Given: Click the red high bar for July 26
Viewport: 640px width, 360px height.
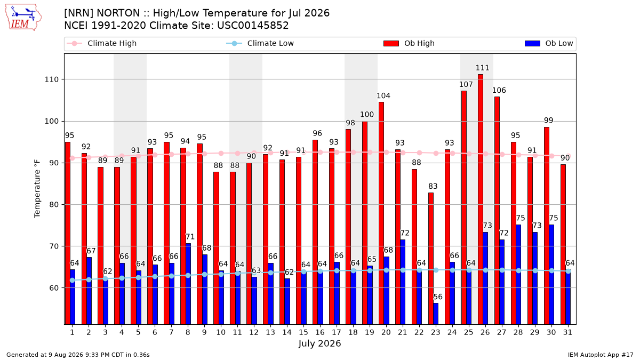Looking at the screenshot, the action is coord(481,199).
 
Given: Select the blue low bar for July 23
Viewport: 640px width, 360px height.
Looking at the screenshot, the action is coord(436,314).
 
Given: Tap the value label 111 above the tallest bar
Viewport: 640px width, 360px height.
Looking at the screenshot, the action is coord(482,68).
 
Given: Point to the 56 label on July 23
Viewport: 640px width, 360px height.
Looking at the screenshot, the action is coord(438,297).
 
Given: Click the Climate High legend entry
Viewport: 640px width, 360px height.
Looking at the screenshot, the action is coord(101,43).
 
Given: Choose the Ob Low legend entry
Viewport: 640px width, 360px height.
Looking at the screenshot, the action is coord(549,43).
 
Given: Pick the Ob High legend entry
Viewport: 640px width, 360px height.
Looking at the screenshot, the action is coord(409,43).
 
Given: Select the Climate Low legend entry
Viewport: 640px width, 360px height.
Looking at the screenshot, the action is coord(260,43).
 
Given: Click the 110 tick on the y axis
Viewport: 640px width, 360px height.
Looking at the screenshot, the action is coord(51,79).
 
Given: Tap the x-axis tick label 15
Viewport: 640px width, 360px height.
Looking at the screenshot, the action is coord(303,332).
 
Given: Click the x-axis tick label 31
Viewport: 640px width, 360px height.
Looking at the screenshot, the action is coord(567,332).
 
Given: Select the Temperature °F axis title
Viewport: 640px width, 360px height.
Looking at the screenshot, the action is coord(37,189).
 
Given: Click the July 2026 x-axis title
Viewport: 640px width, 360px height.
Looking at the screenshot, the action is coord(319,343).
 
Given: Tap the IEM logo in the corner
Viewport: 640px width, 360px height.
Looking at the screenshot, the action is coord(23,18).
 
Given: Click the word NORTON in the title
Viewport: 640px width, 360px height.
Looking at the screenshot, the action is coord(118,13).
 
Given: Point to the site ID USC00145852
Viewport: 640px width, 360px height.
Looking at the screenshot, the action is coord(253,26).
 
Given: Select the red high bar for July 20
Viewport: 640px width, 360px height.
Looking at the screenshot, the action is coord(381,213).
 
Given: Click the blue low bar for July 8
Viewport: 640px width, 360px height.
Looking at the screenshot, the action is coord(188,284).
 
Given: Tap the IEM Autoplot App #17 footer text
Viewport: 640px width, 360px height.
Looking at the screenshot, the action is coord(601,355).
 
